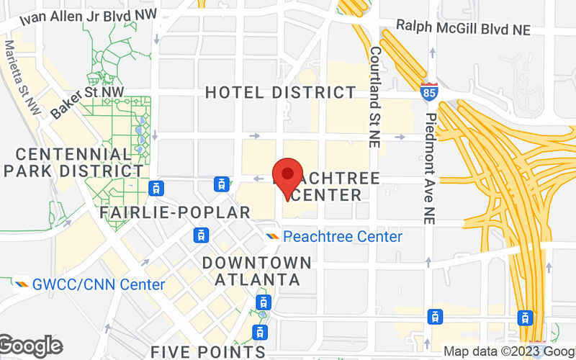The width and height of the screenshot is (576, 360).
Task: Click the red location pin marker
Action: (288, 176)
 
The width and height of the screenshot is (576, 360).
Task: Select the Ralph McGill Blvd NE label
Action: (463, 29)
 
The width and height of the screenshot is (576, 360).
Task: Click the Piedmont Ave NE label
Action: (430, 168)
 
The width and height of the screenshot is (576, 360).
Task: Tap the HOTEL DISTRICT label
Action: (281, 92)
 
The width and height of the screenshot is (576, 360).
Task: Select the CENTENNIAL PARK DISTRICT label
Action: (73, 163)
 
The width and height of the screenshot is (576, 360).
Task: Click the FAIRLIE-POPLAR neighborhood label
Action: (175, 212)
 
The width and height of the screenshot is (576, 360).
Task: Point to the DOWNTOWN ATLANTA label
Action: (257, 270)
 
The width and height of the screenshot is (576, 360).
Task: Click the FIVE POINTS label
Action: (208, 351)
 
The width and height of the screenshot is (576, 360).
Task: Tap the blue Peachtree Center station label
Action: (343, 236)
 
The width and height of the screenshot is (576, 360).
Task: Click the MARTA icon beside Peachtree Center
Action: (273, 236)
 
